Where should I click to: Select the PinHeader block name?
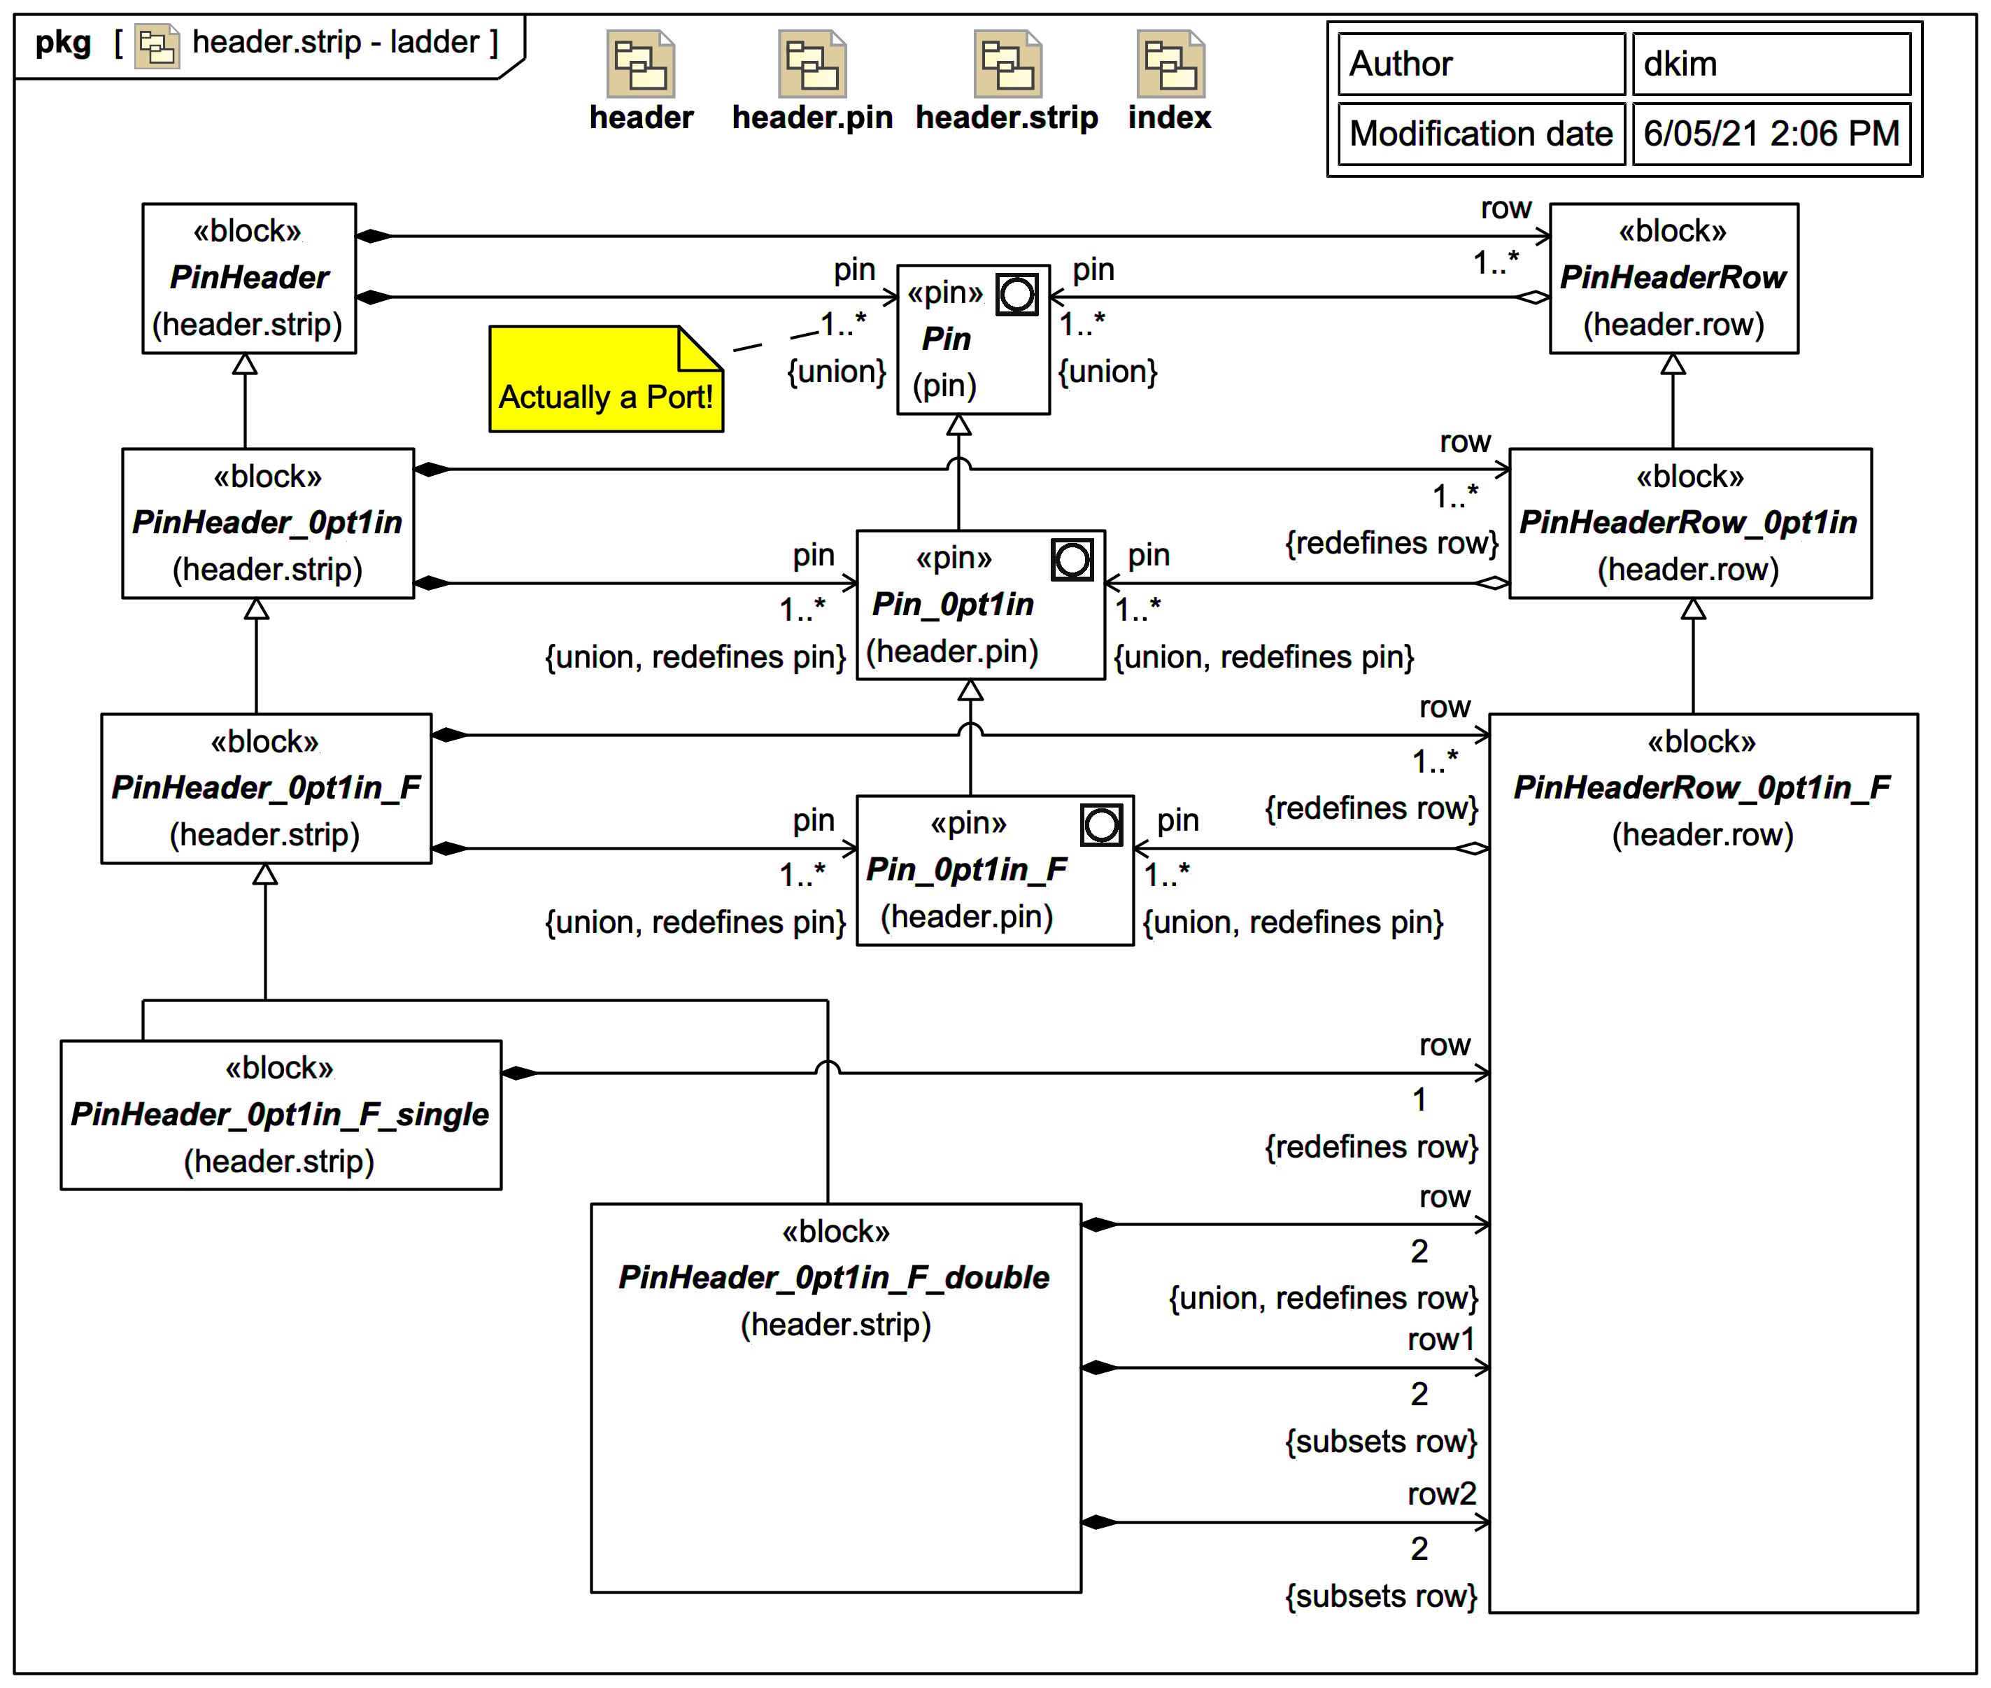pyautogui.click(x=249, y=278)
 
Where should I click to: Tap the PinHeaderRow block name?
pyautogui.click(x=1673, y=278)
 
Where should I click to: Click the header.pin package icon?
pyautogui.click(x=812, y=64)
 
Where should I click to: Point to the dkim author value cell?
pyautogui.click(x=1770, y=64)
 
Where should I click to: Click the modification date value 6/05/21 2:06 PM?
pyautogui.click(x=1770, y=133)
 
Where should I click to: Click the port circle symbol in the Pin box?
pyautogui.click(x=1016, y=295)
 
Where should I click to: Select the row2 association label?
pyautogui.click(x=1441, y=1493)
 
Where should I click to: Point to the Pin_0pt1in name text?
pyautogui.click(x=953, y=605)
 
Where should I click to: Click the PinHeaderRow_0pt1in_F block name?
pyautogui.click(x=1701, y=787)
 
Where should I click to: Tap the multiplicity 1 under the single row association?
pyautogui.click(x=1419, y=1099)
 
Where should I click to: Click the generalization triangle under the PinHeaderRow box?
pyautogui.click(x=1673, y=365)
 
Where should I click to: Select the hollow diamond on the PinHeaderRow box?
pyautogui.click(x=1532, y=297)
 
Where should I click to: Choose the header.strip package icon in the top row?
pyautogui.click(x=1007, y=64)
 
